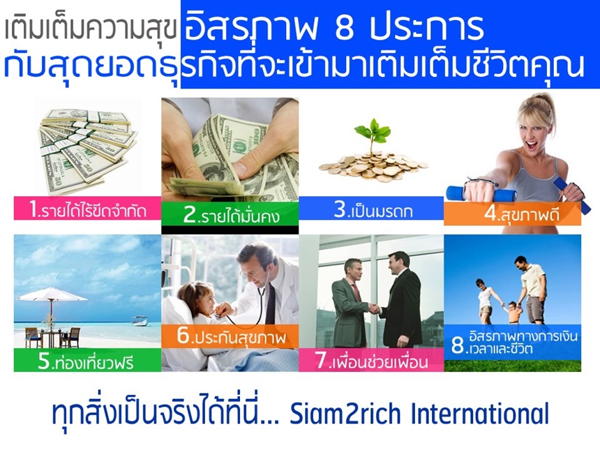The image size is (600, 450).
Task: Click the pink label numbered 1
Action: pyautogui.click(x=87, y=209)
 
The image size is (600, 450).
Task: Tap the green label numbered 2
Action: pyautogui.click(x=230, y=214)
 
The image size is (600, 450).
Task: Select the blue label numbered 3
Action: pyautogui.click(x=371, y=209)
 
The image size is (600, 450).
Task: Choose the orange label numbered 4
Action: pyautogui.click(x=512, y=213)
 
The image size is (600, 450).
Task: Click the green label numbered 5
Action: pyautogui.click(x=87, y=360)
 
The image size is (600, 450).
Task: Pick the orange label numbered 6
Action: pyautogui.click(x=230, y=336)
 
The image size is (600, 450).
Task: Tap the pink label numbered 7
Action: pyautogui.click(x=371, y=360)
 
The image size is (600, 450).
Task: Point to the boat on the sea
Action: pyautogui.click(x=140, y=321)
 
